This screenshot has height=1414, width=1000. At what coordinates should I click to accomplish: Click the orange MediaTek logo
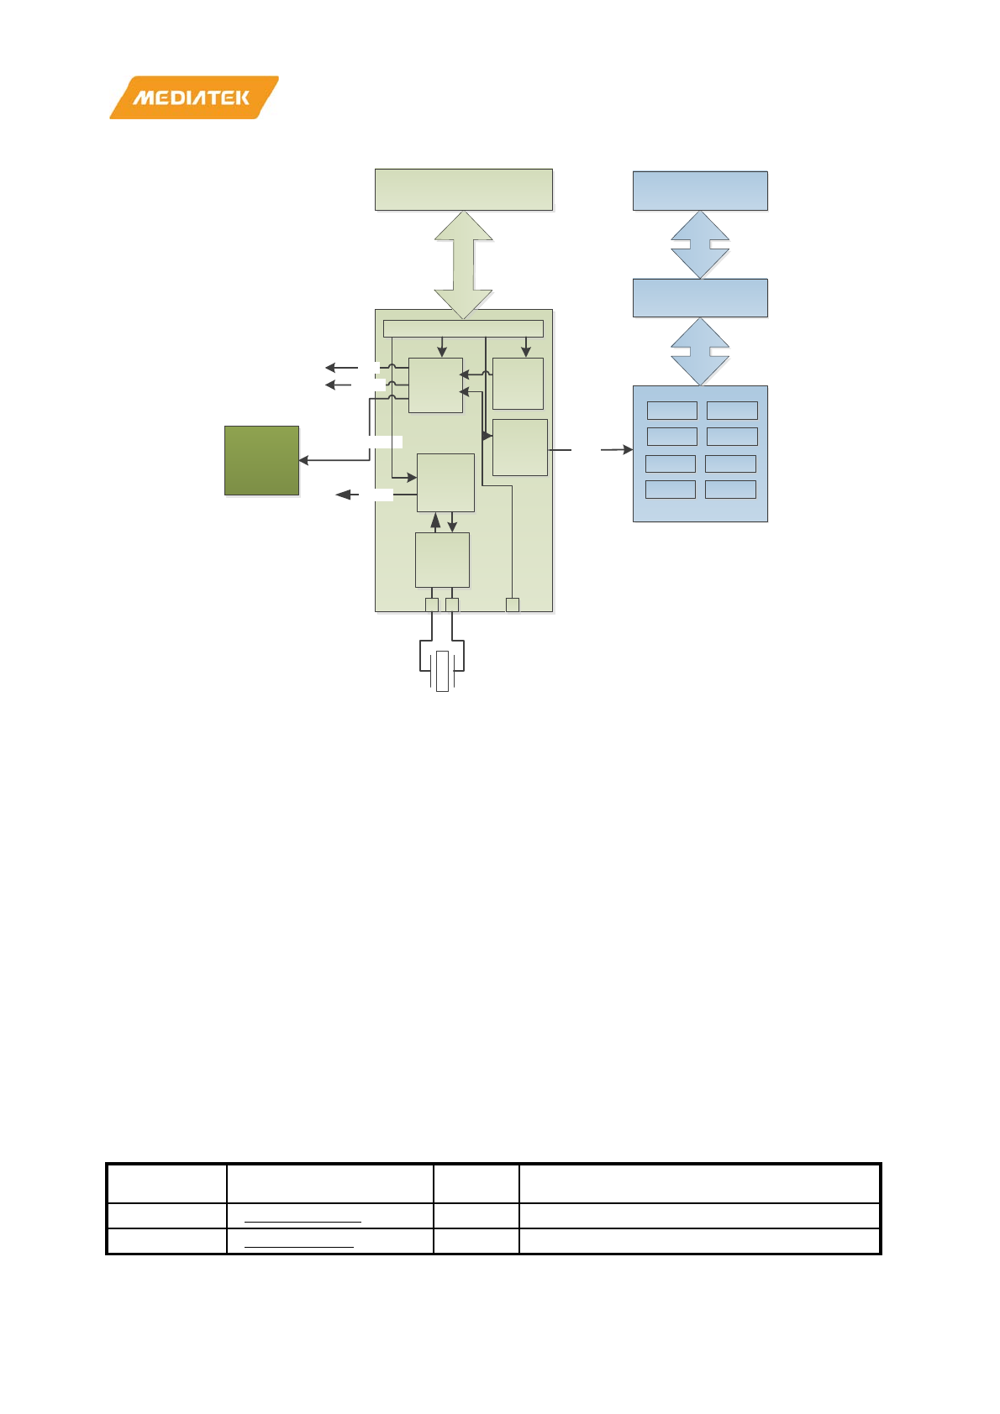[x=193, y=97]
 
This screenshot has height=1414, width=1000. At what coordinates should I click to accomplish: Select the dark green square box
[x=261, y=460]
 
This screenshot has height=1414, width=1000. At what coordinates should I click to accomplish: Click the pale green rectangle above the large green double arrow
[x=463, y=189]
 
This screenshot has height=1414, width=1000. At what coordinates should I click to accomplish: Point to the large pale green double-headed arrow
[x=463, y=264]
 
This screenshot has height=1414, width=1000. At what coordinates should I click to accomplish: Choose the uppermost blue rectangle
[x=700, y=191]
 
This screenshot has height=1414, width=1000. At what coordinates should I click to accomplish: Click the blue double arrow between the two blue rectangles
[x=700, y=244]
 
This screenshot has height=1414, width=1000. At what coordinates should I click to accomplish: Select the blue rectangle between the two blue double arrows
[x=700, y=298]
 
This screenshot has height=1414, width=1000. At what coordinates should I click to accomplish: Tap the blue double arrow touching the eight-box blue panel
[x=700, y=351]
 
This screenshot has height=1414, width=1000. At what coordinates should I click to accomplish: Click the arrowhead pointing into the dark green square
[x=304, y=460]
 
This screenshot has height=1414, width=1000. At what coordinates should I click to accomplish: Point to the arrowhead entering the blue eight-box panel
[x=627, y=450]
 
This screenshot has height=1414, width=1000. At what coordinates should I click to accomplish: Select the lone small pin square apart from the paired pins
[x=513, y=605]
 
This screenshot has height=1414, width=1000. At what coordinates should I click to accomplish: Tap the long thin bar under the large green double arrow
[x=463, y=328]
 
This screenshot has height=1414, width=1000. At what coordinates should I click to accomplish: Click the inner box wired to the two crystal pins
[x=442, y=560]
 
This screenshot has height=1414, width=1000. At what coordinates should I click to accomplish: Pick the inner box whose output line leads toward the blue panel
[x=520, y=447]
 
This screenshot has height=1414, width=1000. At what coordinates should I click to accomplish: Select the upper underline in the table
[x=303, y=1221]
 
